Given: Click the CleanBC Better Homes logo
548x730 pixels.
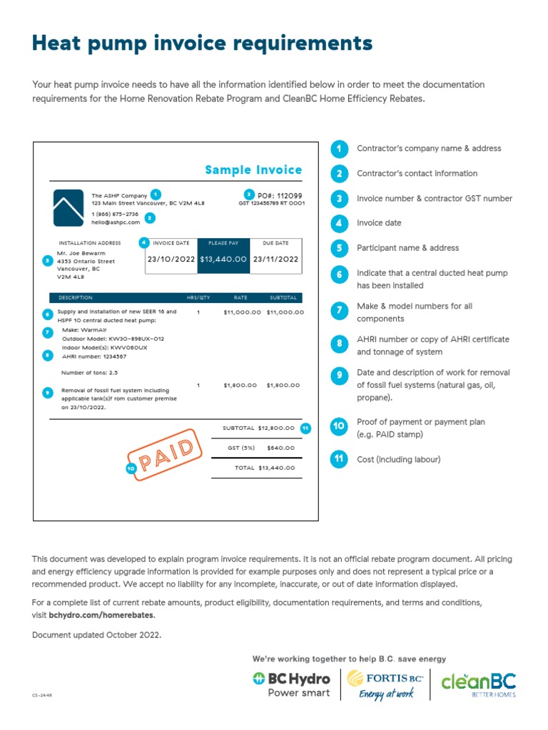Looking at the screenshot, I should (x=478, y=684).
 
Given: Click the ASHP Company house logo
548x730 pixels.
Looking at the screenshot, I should (x=68, y=208).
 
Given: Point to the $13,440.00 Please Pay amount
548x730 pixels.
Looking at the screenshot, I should (x=223, y=259).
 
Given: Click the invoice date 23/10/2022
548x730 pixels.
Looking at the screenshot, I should (x=171, y=259).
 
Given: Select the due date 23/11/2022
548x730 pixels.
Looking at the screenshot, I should (x=275, y=259).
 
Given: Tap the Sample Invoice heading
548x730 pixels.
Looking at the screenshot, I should (x=253, y=170).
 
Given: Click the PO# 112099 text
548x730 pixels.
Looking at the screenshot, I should (x=279, y=195).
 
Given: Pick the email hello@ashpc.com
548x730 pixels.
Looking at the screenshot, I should (x=116, y=222).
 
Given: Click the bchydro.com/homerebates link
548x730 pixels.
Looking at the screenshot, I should (x=101, y=615).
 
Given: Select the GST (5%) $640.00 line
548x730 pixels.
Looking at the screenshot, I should (x=255, y=448).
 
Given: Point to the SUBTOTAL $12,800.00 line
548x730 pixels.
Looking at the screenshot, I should (x=258, y=428).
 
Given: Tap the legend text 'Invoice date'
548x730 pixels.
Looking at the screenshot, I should (x=379, y=223).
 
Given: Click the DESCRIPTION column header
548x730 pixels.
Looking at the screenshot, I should (x=75, y=297).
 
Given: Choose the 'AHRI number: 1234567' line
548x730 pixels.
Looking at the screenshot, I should (x=94, y=356).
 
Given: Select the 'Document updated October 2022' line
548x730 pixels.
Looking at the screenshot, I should (x=96, y=634).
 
